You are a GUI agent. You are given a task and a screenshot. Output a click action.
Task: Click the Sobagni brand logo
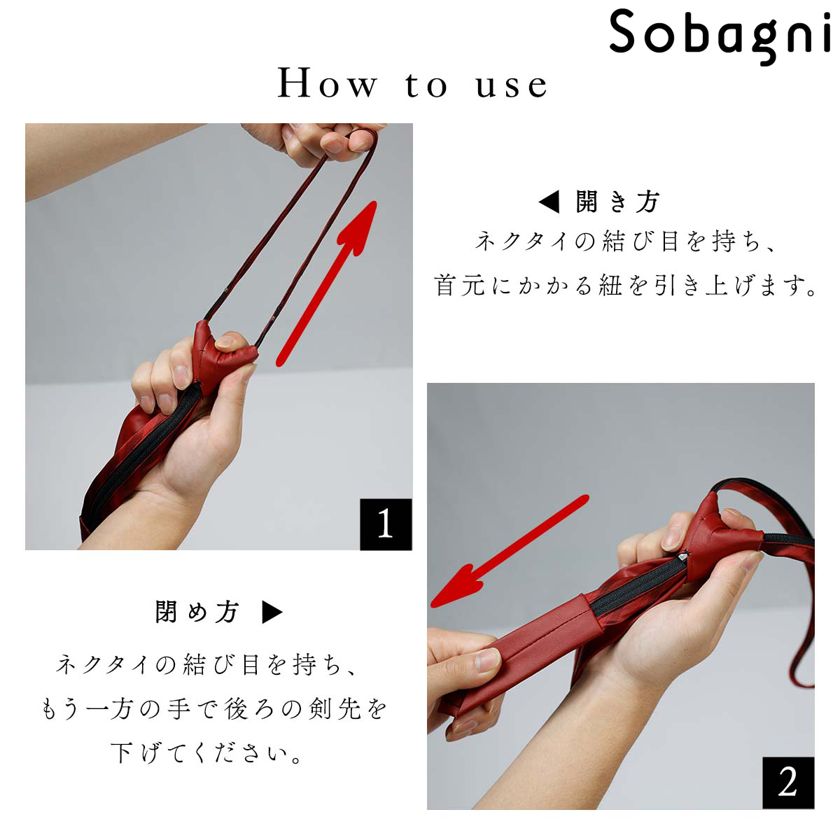pyautogui.click(x=720, y=36)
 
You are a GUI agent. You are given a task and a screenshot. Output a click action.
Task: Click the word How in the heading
pyautogui.click(x=327, y=83)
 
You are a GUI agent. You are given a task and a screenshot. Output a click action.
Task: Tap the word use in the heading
pyautogui.click(x=512, y=86)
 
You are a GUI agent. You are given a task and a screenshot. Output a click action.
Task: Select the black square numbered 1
pyautogui.click(x=386, y=524)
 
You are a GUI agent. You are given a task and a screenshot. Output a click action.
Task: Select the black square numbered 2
pyautogui.click(x=788, y=783)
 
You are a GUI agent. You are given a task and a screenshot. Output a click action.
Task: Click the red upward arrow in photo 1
pyautogui.click(x=326, y=283)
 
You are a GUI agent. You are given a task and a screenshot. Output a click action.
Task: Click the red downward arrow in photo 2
pyautogui.click(x=510, y=551)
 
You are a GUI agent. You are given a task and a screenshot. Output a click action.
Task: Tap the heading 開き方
pyautogui.click(x=617, y=202)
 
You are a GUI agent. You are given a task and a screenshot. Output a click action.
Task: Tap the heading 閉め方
pyautogui.click(x=197, y=612)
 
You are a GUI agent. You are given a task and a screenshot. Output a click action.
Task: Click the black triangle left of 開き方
pyautogui.click(x=549, y=202)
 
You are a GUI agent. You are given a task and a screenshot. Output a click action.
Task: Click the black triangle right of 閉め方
pyautogui.click(x=272, y=612)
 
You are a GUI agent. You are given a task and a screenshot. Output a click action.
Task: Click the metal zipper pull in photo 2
pyautogui.click(x=683, y=556)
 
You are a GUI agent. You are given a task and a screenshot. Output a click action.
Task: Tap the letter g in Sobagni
pyautogui.click(x=769, y=41)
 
